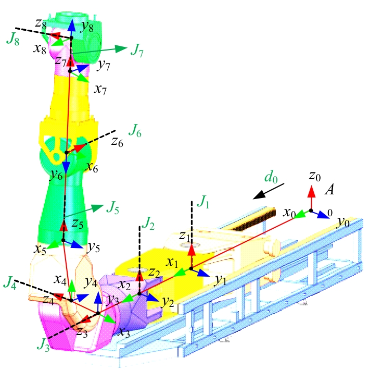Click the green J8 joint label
[x=13, y=39]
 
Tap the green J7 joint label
[x=137, y=51]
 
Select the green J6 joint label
[x=135, y=130]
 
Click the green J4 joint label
[x=10, y=282]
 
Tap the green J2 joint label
[x=148, y=223]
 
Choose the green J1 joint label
[x=203, y=202]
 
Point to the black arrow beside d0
[x=269, y=191]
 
